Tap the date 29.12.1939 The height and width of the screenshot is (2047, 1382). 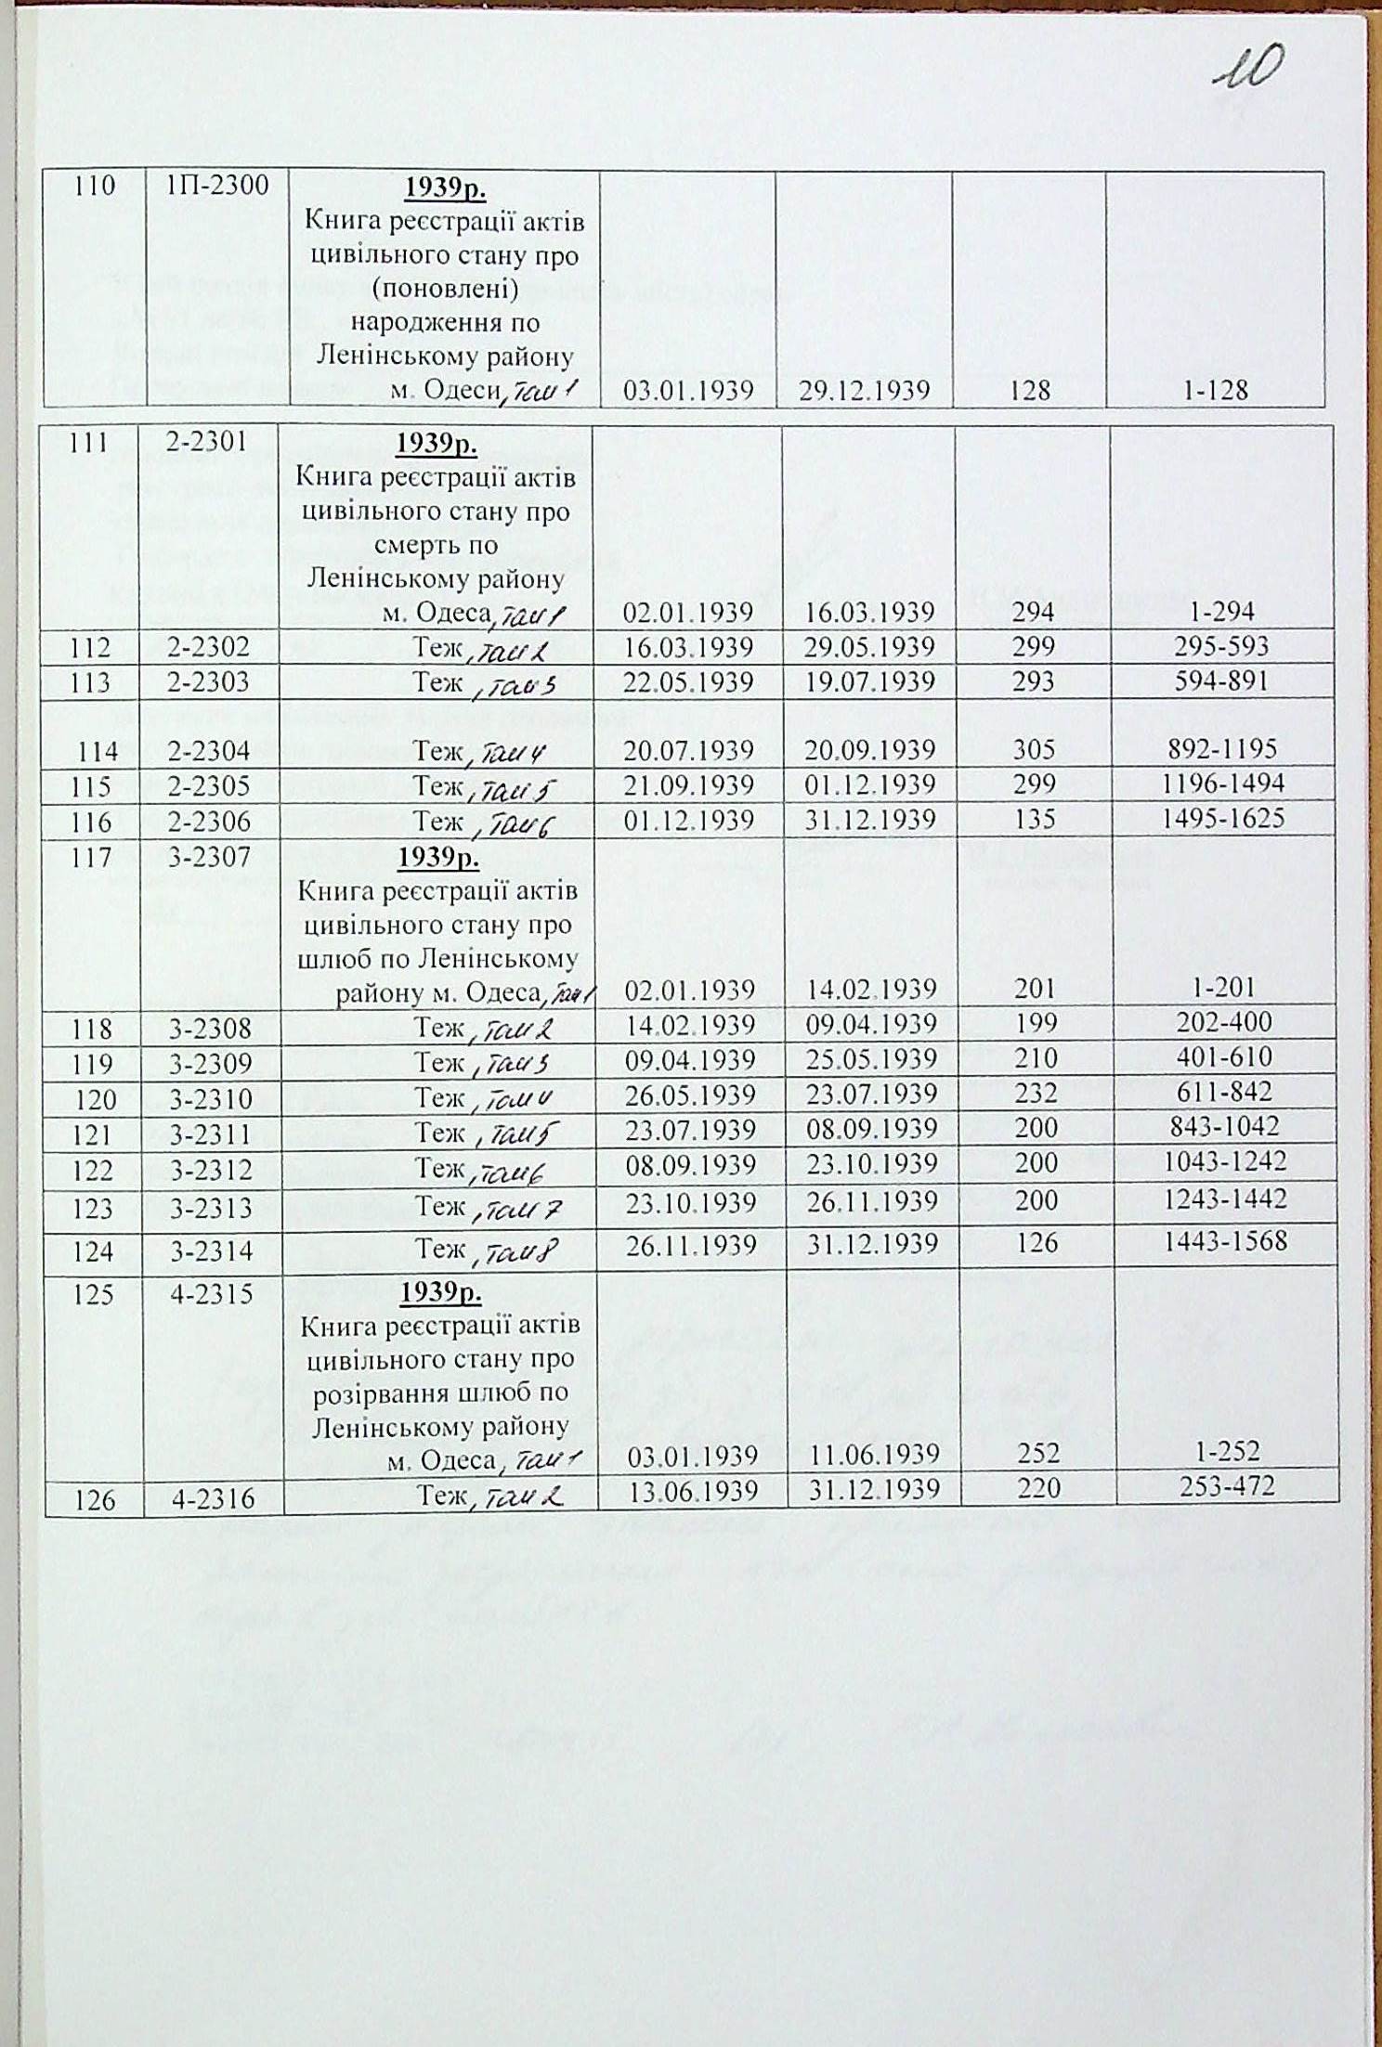click(x=864, y=391)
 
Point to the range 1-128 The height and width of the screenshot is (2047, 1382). click(x=1215, y=391)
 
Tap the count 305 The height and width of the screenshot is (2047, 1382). click(x=1034, y=749)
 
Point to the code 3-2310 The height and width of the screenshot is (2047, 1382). click(x=211, y=1099)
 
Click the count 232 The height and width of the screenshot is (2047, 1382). click(x=1036, y=1094)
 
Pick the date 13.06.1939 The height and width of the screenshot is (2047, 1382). click(x=693, y=1490)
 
